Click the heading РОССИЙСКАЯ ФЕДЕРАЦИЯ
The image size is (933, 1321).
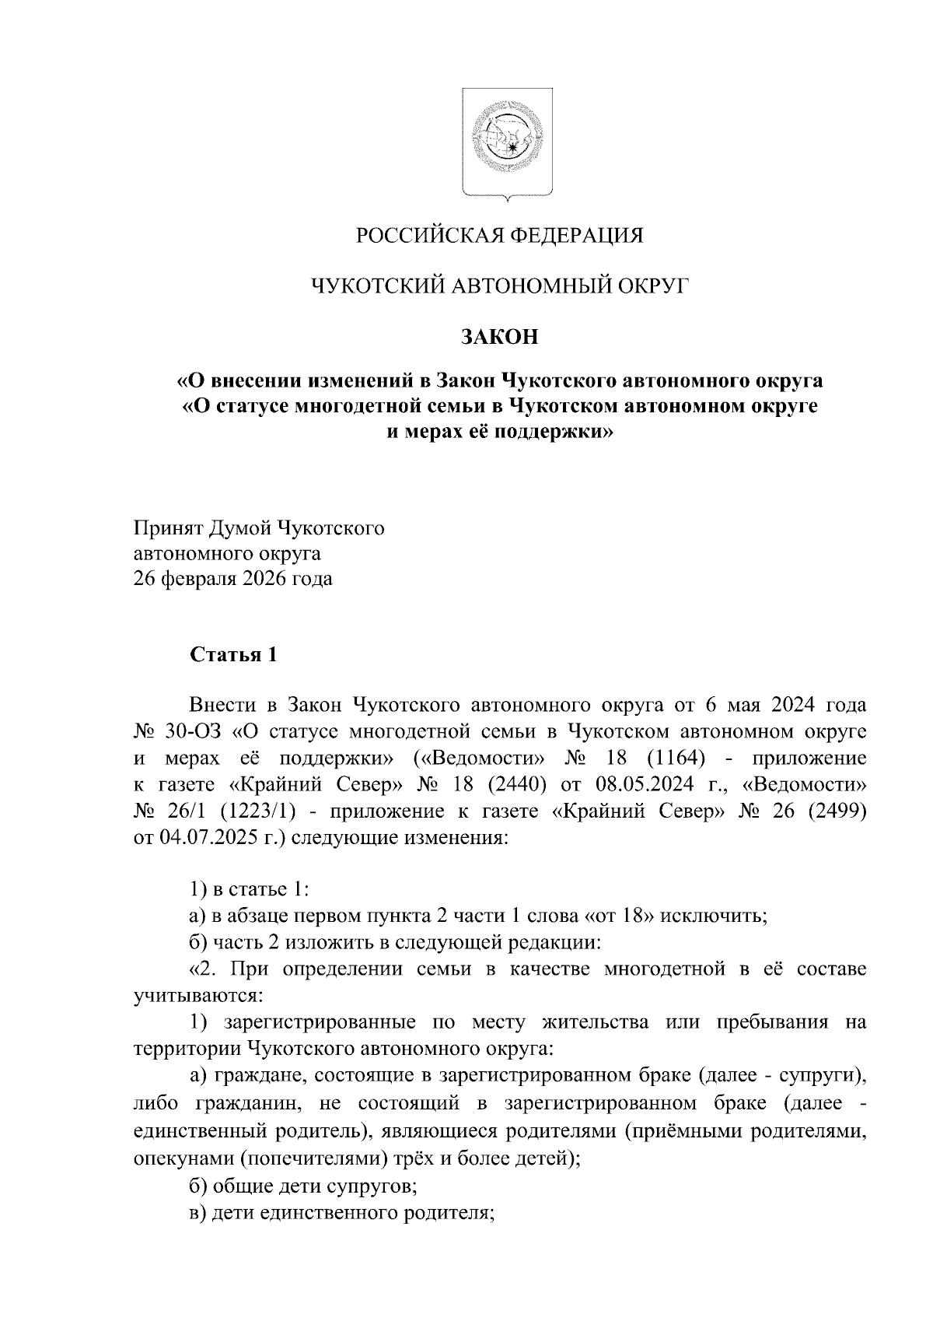500,235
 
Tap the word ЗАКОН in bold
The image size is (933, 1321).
500,337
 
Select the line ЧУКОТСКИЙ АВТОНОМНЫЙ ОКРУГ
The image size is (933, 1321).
500,286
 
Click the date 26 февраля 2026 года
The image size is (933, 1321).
233,580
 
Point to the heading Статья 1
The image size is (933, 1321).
233,654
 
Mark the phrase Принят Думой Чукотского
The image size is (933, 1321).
260,529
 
